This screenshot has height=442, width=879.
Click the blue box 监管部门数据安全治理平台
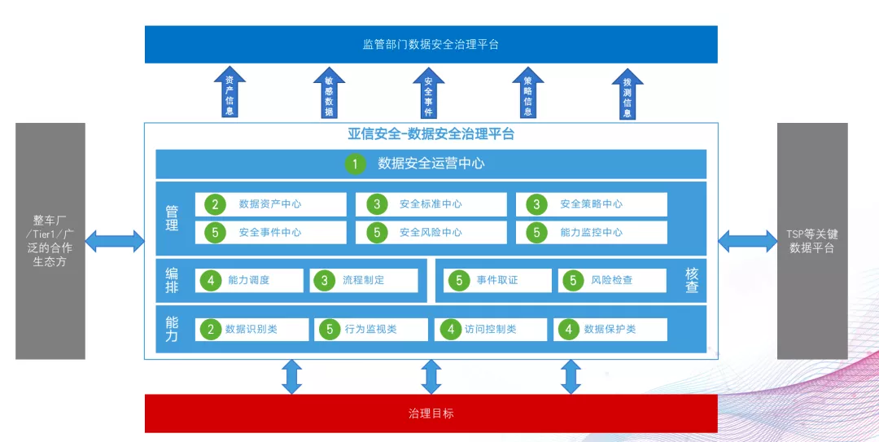click(x=431, y=44)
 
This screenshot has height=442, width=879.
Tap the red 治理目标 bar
click(x=431, y=414)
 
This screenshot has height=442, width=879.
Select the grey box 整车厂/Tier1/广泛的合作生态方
click(x=50, y=241)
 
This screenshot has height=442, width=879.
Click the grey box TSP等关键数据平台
click(x=811, y=241)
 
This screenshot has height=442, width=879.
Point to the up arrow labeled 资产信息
click(x=230, y=93)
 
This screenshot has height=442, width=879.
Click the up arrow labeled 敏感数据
click(x=329, y=93)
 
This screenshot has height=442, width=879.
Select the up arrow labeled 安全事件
click(x=428, y=93)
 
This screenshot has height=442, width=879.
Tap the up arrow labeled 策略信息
click(x=527, y=93)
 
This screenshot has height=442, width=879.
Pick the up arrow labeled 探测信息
click(x=627, y=93)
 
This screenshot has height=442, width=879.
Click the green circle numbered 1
click(x=355, y=164)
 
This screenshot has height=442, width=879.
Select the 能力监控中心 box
click(x=591, y=232)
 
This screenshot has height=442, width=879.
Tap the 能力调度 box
click(x=249, y=280)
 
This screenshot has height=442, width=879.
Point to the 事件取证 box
click(x=497, y=280)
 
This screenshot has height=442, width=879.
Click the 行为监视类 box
click(x=370, y=329)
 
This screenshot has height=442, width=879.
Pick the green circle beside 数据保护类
click(x=569, y=329)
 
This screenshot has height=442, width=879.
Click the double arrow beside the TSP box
click(x=747, y=241)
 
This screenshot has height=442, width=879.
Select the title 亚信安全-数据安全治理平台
click(x=431, y=134)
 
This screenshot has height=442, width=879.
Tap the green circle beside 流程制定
click(x=325, y=280)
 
